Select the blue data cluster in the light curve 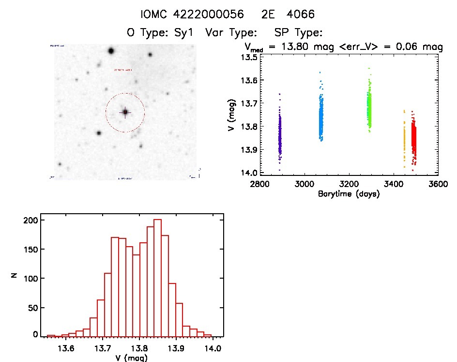tap(320, 116)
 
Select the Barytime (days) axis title tap(349, 194)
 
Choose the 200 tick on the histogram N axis tap(30, 220)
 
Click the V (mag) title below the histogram tap(132, 359)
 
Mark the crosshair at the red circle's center tap(125, 112)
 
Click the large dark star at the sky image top tap(111, 51)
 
